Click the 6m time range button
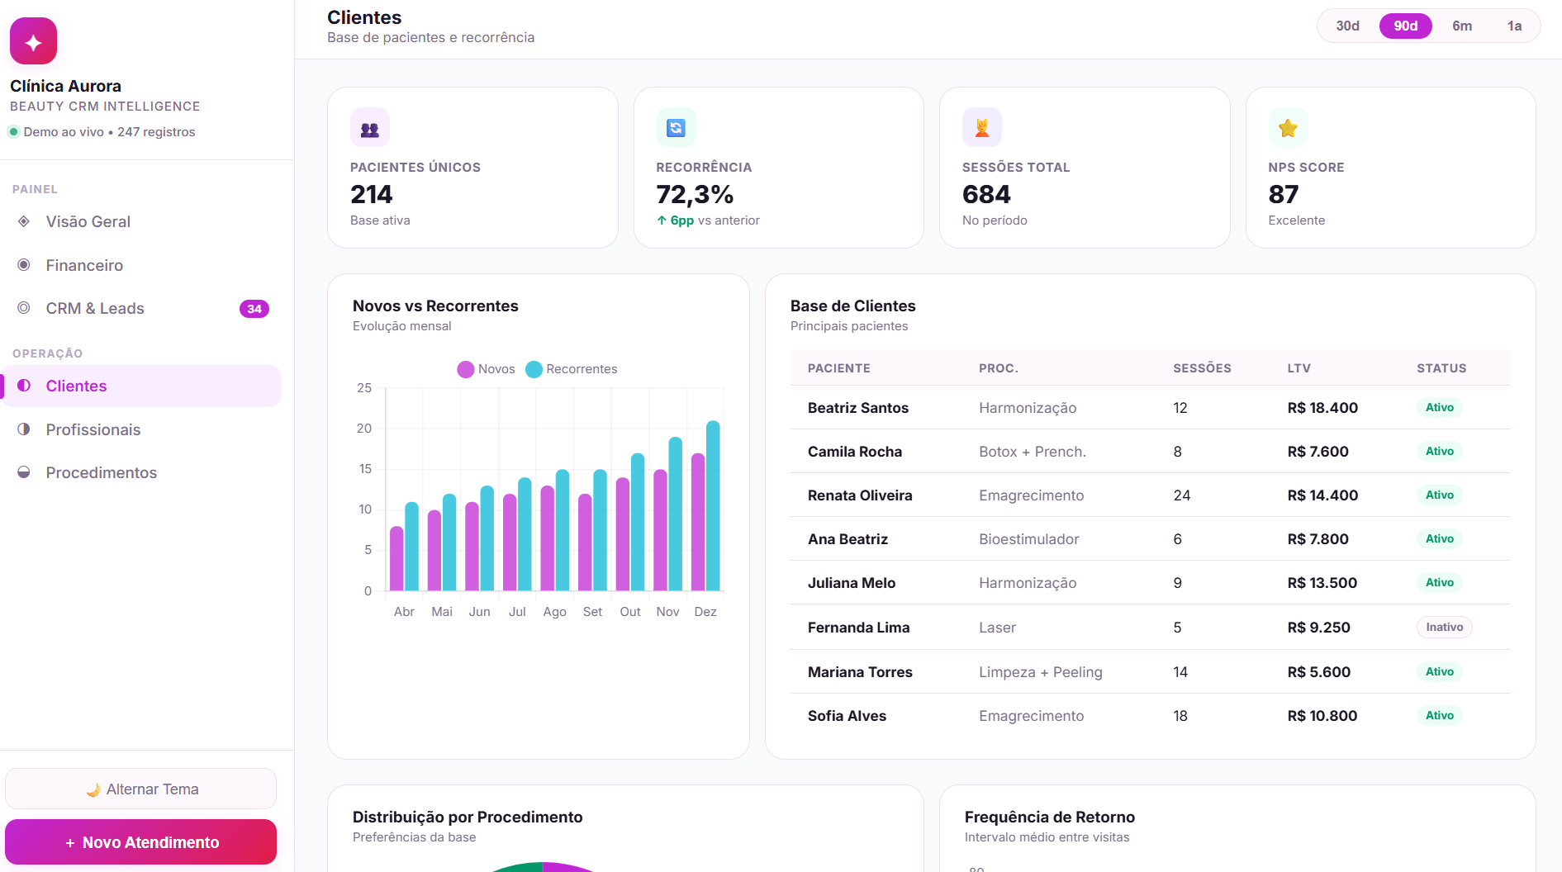point(1461,26)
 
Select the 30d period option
point(1347,26)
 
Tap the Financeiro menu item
point(84,265)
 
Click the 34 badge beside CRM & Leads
point(254,309)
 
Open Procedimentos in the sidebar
point(101,472)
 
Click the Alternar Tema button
point(141,789)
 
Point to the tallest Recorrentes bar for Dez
point(713,505)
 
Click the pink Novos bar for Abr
point(396,558)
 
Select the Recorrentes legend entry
point(572,369)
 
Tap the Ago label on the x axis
point(554,612)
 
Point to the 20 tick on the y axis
point(364,428)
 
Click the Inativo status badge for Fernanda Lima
point(1444,627)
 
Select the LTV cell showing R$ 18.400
point(1322,408)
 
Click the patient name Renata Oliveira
point(860,495)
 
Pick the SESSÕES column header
point(1202,368)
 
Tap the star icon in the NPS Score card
point(1288,128)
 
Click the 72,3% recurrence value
point(695,194)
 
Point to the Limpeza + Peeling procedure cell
point(1040,672)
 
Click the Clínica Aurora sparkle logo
point(33,41)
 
